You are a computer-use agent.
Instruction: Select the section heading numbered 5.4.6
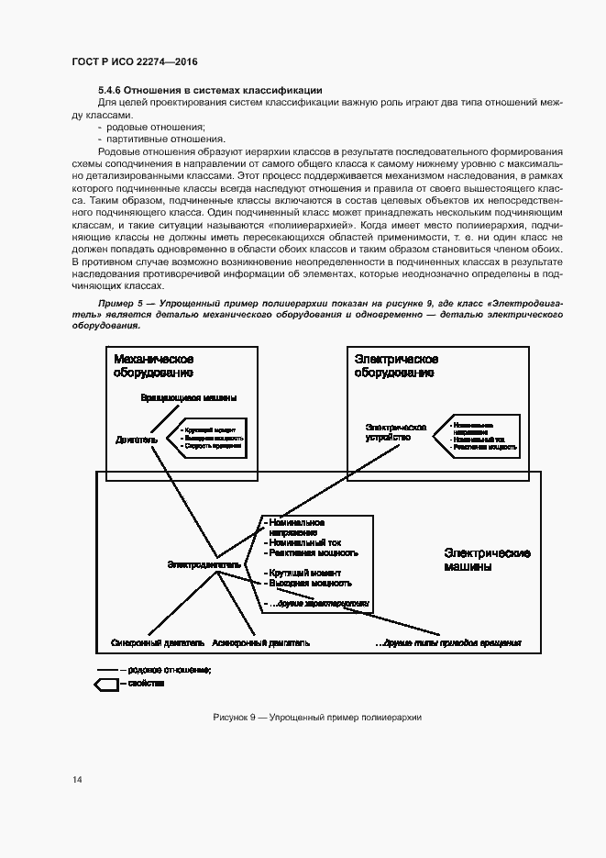(209, 90)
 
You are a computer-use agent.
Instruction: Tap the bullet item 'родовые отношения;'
(161, 126)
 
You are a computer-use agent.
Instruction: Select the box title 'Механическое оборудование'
(153, 366)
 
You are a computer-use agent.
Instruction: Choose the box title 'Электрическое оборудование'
(395, 366)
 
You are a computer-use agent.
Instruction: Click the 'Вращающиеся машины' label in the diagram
(188, 398)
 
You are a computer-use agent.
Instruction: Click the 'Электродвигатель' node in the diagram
(204, 565)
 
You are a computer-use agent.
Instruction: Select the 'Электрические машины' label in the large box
(487, 560)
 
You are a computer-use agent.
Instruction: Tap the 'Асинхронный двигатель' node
(260, 642)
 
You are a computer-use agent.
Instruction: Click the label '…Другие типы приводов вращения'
(448, 642)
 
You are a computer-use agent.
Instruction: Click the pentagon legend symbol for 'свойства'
(106, 685)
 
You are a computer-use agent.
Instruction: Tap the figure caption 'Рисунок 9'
(303, 717)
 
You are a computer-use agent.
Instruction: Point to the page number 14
(77, 780)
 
